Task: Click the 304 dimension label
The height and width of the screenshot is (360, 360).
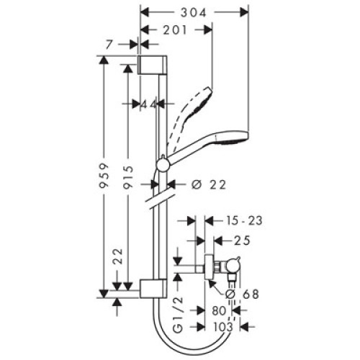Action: (193, 12)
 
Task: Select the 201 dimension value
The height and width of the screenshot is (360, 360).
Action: (175, 30)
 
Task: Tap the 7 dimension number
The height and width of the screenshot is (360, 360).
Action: (109, 45)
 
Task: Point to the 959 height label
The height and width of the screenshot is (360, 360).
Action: (104, 175)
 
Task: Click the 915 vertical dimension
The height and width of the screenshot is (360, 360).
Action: (128, 177)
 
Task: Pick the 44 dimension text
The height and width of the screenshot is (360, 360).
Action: (148, 104)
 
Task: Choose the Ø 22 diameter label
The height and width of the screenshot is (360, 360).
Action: (209, 185)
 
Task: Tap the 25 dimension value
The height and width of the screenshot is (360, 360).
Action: (242, 240)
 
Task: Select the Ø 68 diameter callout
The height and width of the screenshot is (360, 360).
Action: (243, 294)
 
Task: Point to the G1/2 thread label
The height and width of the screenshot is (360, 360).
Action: (178, 315)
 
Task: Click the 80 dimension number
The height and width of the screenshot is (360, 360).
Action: (219, 310)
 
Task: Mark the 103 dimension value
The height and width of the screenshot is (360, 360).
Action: (223, 327)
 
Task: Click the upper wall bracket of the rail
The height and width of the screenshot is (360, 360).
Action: (153, 65)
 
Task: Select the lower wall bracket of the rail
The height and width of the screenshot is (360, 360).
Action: (153, 289)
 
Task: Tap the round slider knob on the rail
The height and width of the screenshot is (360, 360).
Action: (163, 165)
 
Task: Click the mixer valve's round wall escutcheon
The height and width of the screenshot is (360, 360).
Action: (209, 268)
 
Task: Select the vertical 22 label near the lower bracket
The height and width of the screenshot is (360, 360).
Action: (118, 256)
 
